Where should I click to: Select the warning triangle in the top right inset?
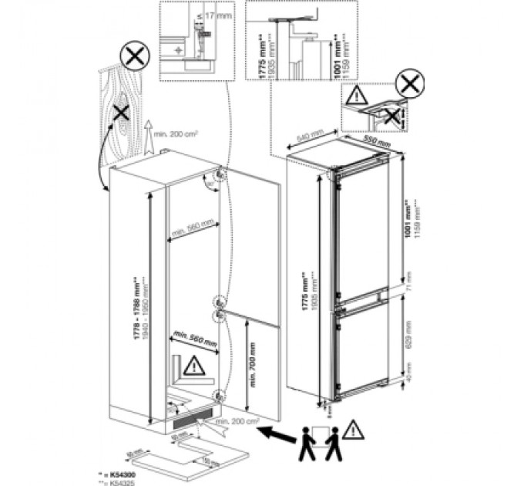point(357,96)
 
